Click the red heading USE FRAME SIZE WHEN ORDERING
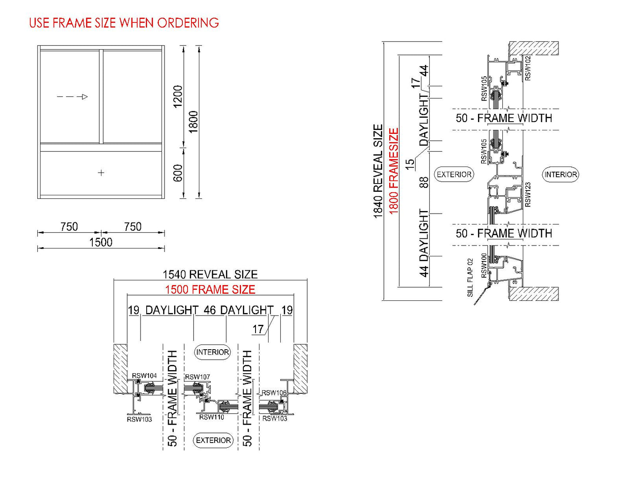tap(124, 23)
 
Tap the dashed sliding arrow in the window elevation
tap(72, 97)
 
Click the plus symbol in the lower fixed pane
tap(101, 173)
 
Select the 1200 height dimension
tap(178, 96)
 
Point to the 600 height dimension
tap(178, 173)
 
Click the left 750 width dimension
tap(69, 227)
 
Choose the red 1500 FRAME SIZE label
tap(210, 289)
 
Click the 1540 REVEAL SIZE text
tap(210, 274)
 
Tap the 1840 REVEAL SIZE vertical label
tap(378, 171)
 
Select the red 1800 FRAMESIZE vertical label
tap(394, 171)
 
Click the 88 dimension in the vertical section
tap(424, 182)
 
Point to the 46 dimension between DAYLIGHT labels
tap(209, 310)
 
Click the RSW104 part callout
tap(145, 376)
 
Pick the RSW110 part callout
tap(212, 417)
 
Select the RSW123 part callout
tap(528, 194)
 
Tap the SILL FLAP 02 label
tap(470, 278)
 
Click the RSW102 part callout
tap(528, 68)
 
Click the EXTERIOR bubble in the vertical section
tap(454, 174)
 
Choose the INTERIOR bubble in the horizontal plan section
tap(212, 352)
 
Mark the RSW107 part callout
tap(198, 377)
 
